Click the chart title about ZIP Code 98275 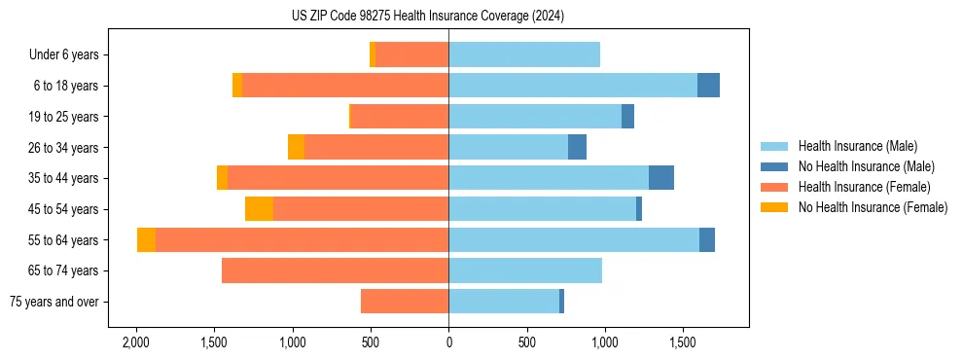(x=427, y=16)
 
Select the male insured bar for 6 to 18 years (x=573, y=86)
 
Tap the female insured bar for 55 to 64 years (x=302, y=239)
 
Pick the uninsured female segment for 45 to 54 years (x=259, y=209)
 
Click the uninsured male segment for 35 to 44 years (x=661, y=178)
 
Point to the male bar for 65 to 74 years (x=525, y=270)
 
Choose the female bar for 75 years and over (x=405, y=302)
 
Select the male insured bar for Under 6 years (x=524, y=54)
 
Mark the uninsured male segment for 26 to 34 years (x=577, y=147)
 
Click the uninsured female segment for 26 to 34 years (x=296, y=147)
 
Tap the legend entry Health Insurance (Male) (x=857, y=146)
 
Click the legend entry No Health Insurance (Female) (x=873, y=207)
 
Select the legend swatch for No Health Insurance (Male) (x=775, y=166)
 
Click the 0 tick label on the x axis (x=448, y=343)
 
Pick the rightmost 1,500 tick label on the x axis (x=683, y=343)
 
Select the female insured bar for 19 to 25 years (x=400, y=117)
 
